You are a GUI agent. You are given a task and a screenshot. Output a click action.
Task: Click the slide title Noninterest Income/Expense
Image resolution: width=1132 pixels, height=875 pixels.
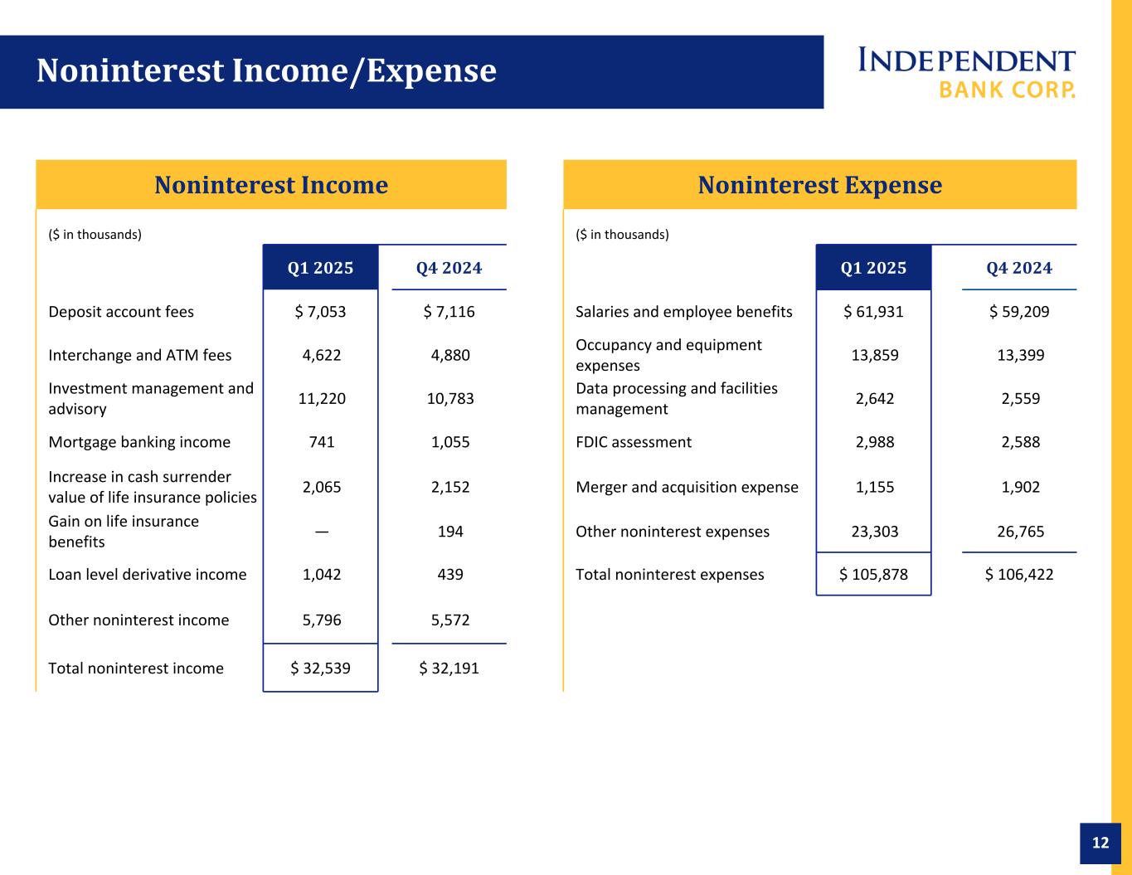(266, 71)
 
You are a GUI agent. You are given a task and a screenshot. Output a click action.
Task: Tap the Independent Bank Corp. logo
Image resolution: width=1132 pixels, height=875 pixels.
(966, 73)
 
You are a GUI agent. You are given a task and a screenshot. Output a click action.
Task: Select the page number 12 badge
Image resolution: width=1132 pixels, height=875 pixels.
(1100, 843)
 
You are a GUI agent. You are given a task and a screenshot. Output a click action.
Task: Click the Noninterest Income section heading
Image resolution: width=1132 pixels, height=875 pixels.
(271, 185)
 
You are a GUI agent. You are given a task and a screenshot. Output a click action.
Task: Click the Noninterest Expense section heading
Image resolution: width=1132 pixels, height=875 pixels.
(819, 185)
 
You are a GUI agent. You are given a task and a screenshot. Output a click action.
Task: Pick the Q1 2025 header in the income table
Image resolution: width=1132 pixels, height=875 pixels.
(320, 268)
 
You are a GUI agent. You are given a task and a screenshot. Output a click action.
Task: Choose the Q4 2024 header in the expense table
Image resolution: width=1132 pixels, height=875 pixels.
(1018, 268)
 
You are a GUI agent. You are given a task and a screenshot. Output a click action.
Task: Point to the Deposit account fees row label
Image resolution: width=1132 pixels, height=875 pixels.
(121, 312)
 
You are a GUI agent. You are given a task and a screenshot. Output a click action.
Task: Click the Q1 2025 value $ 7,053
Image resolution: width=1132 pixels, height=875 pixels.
(320, 312)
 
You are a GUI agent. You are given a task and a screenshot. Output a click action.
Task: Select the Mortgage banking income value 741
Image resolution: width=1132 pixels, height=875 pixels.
(321, 442)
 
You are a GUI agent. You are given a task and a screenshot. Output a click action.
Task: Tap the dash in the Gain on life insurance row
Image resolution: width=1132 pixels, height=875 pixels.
(321, 531)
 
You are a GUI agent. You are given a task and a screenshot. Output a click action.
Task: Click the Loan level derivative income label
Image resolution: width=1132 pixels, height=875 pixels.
(148, 575)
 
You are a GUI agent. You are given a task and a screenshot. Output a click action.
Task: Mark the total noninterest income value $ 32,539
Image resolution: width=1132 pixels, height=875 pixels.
(320, 668)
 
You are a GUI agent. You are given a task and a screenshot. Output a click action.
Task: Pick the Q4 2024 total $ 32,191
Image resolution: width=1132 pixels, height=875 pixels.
(449, 668)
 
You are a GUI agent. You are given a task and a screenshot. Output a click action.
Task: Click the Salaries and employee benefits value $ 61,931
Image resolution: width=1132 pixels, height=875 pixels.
(873, 312)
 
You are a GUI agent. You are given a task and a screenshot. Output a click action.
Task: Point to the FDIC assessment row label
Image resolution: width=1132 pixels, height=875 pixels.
(634, 442)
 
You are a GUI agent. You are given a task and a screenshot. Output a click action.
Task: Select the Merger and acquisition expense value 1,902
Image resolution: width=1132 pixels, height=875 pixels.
(1019, 487)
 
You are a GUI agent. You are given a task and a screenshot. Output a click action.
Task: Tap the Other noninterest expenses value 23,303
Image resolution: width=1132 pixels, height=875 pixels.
(873, 532)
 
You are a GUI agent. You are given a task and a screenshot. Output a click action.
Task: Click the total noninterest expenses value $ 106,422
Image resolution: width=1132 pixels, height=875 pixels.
(1019, 574)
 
